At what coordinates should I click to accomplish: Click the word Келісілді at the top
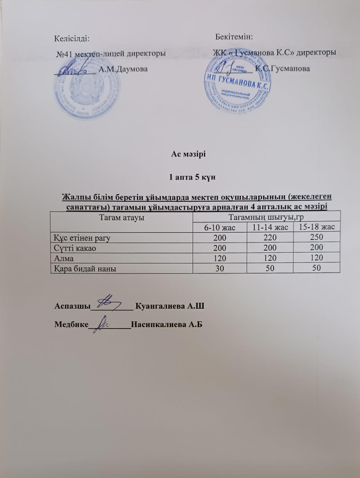coord(72,38)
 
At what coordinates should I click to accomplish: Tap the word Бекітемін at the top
coord(234,37)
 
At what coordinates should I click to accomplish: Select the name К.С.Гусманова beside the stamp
coord(282,69)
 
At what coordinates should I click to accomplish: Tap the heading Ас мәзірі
coord(188,154)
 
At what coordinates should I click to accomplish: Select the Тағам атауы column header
coord(122,217)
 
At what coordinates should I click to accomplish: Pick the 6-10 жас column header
coord(220,227)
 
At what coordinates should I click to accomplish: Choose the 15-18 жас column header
coord(317,227)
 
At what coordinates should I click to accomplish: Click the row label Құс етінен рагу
coord(82,238)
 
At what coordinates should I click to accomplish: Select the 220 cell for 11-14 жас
coord(270,237)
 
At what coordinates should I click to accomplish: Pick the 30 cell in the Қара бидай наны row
coord(220,268)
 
